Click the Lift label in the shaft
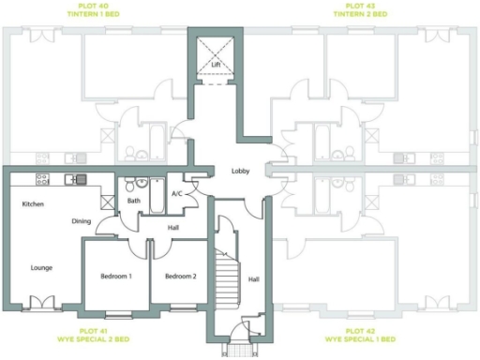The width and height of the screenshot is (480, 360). pos(215,65)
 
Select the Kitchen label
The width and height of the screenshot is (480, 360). pos(34,203)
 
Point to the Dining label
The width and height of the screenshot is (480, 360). pos(82,221)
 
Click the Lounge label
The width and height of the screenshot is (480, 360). pos(41,267)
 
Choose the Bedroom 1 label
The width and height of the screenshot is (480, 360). pos(116,276)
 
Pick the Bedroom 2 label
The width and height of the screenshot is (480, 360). pos(180,276)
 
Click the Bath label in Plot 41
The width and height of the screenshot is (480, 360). pos(134,201)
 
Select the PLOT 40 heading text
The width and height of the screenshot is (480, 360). pos(92,6)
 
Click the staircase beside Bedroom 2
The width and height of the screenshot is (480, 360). pos(228,277)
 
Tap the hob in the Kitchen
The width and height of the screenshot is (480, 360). pos(42,179)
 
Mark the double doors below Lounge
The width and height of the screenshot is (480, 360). pos(41,302)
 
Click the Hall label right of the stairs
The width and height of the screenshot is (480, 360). pos(253,278)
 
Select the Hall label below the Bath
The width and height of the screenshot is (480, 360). pos(172,227)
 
